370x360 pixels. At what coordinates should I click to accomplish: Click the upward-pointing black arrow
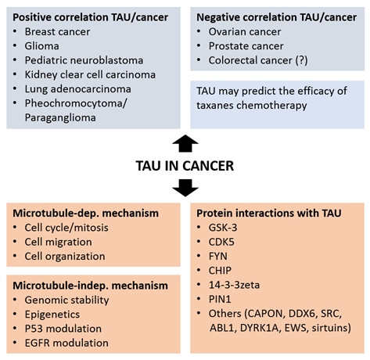coord(185,143)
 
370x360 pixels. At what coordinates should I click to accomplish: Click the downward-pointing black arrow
coord(185,188)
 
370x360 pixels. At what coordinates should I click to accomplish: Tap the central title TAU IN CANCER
coord(185,166)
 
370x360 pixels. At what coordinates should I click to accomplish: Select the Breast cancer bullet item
coord(57,32)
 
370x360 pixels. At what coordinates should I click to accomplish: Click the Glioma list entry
coord(42,46)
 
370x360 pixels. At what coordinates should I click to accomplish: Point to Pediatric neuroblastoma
coord(84,60)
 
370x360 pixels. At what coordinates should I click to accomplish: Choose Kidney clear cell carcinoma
coord(90,75)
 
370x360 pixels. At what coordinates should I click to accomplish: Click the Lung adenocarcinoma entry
coord(78,89)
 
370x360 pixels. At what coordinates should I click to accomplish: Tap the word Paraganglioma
coord(60,118)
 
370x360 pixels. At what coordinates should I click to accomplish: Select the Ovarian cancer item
coord(245,32)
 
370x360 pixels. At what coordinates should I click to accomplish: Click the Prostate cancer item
coord(246,46)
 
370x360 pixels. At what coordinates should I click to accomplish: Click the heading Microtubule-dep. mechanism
coord(85,214)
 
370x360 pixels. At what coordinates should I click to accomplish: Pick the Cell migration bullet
coord(59,242)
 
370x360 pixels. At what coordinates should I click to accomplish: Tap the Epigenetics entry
coord(52,315)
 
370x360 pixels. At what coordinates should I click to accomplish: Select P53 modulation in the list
coord(63,329)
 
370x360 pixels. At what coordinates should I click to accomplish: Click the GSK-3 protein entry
coord(223,228)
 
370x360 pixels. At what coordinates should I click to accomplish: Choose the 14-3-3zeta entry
coord(234,285)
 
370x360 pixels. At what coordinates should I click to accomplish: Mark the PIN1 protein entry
coord(220,299)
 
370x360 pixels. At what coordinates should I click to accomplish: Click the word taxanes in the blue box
coord(215,106)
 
